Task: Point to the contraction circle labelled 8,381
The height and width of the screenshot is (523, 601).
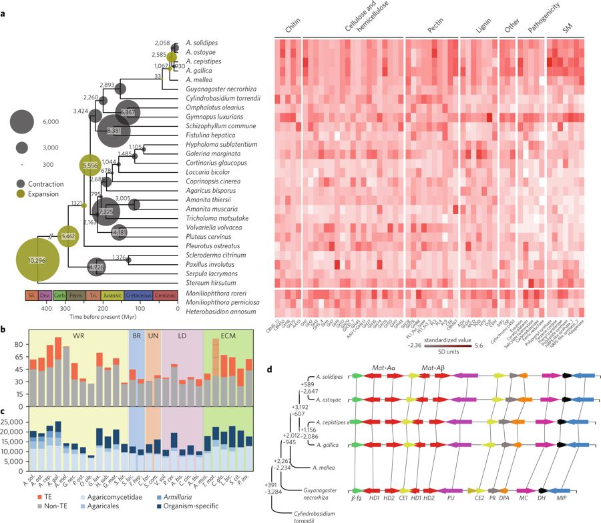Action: pos(114,131)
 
